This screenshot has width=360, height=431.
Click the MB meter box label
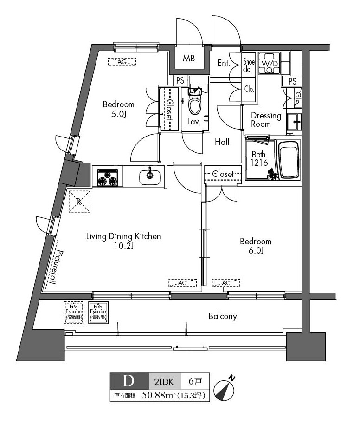pyautogui.click(x=188, y=59)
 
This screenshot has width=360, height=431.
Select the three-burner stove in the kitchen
pyautogui.click(x=108, y=177)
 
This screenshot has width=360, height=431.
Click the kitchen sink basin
pyautogui.click(x=150, y=176)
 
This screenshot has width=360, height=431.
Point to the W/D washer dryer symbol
pyautogui.click(x=270, y=64)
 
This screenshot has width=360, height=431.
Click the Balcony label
pyautogui.click(x=223, y=316)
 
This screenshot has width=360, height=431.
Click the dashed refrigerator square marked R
pyautogui.click(x=78, y=202)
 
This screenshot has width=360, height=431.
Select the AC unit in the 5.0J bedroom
pyautogui.click(x=122, y=61)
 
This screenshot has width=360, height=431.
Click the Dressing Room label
pyautogui.click(x=266, y=120)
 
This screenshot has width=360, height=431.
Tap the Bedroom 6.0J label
pyautogui.click(x=255, y=246)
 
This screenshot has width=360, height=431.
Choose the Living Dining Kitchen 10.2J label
pyautogui.click(x=123, y=241)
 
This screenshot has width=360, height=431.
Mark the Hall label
pyautogui.click(x=222, y=142)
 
